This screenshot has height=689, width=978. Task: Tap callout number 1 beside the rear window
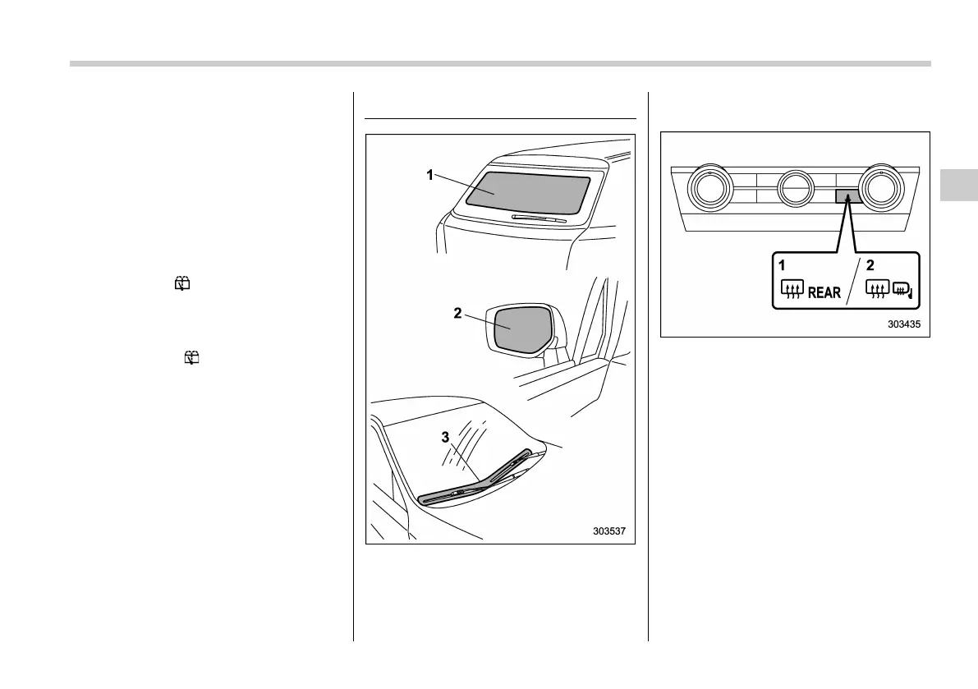429,175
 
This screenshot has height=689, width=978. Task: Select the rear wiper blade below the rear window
539,218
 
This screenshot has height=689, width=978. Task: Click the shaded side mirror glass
520,326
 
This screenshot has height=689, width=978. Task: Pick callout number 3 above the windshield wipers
445,437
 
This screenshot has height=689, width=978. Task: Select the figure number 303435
903,324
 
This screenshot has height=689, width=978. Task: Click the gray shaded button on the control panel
848,196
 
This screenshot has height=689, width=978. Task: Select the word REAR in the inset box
824,292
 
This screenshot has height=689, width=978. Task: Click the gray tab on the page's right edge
958,186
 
